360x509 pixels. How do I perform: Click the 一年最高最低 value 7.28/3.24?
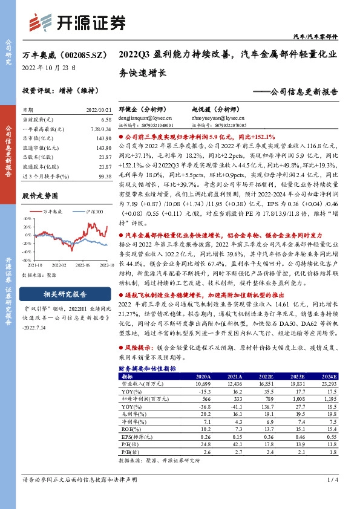100,129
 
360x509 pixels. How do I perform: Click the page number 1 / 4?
333,480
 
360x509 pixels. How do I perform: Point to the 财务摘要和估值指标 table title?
147,368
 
